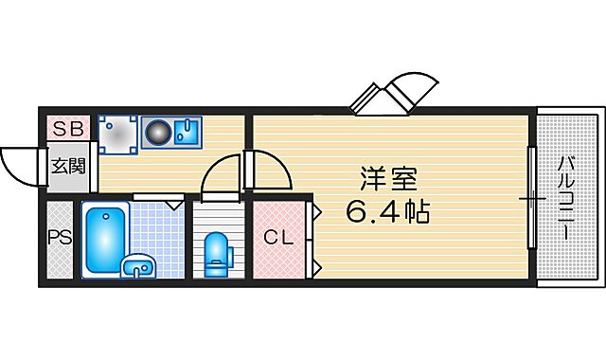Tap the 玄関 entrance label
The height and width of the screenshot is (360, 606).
tap(68, 167)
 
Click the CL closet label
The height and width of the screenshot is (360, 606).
tap(278, 238)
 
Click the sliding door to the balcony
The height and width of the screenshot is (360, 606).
tap(532, 198)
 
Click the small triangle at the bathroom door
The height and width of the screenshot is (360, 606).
tap(174, 203)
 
